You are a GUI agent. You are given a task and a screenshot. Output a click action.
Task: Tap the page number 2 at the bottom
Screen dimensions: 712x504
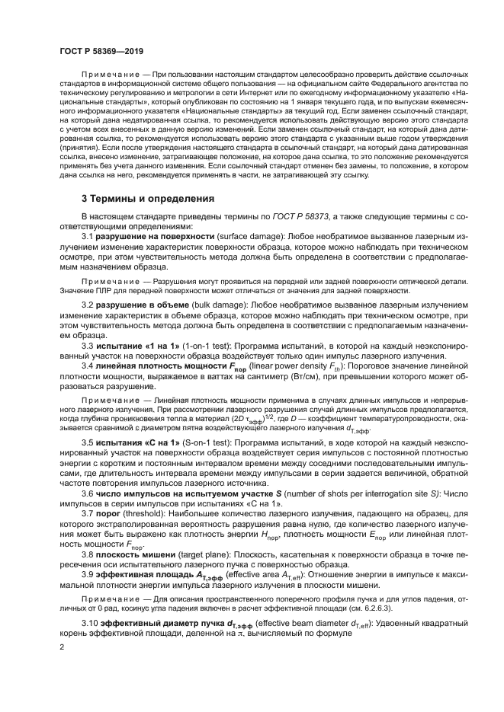(x=61, y=647)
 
